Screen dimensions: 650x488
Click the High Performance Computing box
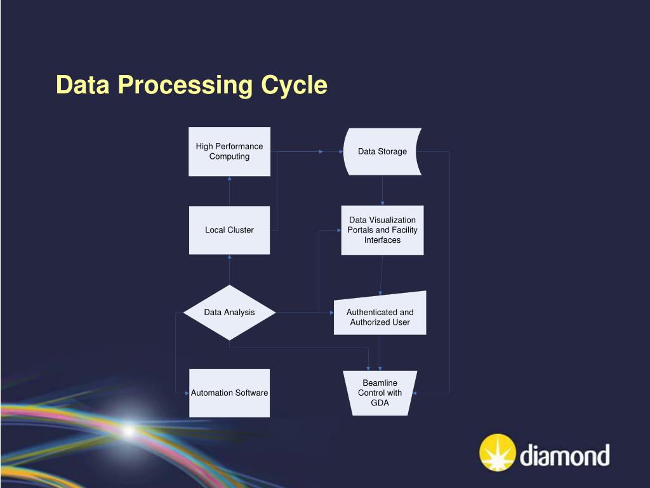pyautogui.click(x=229, y=151)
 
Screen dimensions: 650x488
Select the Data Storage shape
pyautogui.click(x=383, y=151)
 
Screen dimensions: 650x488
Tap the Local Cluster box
pyautogui.click(x=229, y=230)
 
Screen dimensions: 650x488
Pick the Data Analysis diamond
pyautogui.click(x=229, y=313)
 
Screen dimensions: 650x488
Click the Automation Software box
pyautogui.click(x=229, y=393)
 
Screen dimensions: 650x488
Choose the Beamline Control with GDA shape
pyautogui.click(x=380, y=393)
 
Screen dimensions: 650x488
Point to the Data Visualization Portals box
pyautogui.click(x=382, y=230)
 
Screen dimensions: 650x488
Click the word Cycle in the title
pyautogui.click(x=295, y=85)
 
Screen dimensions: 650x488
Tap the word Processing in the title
pyautogui.click(x=185, y=85)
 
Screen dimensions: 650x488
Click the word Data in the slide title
pyautogui.click(x=83, y=85)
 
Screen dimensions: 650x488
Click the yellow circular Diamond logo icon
pyautogui.click(x=498, y=452)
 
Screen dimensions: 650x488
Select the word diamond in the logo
pyautogui.click(x=564, y=455)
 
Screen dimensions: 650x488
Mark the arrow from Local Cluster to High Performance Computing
pyautogui.click(x=229, y=191)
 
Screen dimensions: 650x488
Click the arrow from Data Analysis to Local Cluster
pyautogui.click(x=229, y=269)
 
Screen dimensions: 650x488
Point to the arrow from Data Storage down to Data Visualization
pyautogui.click(x=382, y=190)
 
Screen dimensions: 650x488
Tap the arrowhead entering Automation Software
pyautogui.click(x=187, y=393)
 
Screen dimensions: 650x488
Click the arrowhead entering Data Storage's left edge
pyautogui.click(x=341, y=152)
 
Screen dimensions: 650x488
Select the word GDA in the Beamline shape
pyautogui.click(x=380, y=403)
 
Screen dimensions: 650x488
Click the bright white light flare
pyautogui.click(x=129, y=431)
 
